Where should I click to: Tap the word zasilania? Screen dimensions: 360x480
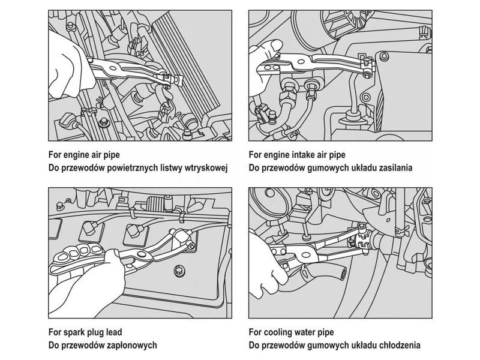394,168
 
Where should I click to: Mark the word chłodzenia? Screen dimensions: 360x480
398,345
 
